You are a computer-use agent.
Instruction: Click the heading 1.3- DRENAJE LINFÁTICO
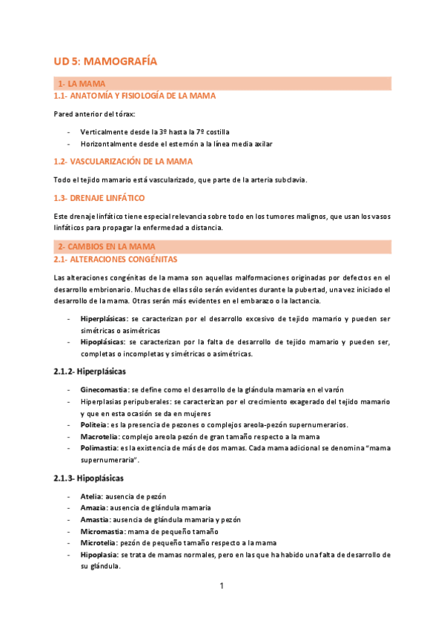99,198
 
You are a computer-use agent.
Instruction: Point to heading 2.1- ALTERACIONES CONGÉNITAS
116,260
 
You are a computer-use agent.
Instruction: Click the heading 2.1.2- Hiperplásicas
90,370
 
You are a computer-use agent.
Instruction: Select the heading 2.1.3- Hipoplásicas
88,478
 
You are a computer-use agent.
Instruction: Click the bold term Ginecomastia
105,389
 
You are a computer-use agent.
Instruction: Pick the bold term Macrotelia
99,437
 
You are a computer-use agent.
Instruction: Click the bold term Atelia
92,495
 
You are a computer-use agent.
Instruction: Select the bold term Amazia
93,507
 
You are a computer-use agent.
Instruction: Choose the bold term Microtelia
99,543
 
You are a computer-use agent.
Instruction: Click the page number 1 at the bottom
222,586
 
